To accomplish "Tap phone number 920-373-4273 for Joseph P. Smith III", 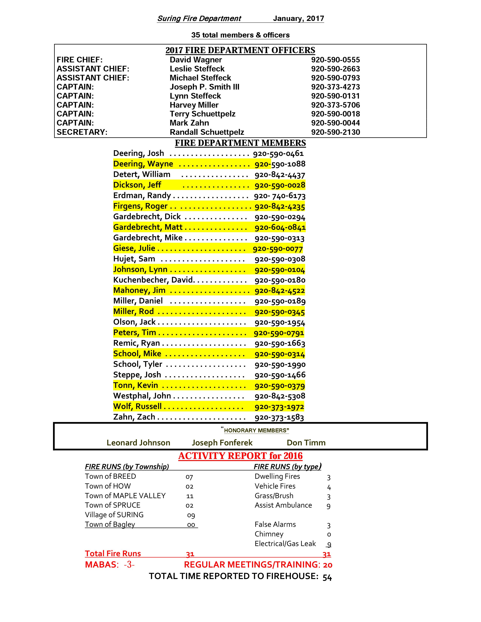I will [x=335, y=87].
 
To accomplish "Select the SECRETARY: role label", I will [x=82, y=132].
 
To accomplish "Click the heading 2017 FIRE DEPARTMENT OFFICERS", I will [x=240, y=50].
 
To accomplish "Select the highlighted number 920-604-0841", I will [x=280, y=228].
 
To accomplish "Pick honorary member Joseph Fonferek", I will [x=222, y=443].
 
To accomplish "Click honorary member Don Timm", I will [x=306, y=443].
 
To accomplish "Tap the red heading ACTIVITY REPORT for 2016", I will [x=240, y=456].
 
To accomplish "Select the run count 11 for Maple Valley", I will [x=190, y=496].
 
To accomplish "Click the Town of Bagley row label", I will [x=110, y=525].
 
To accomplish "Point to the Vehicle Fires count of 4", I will [x=329, y=487].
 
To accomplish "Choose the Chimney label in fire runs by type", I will [x=269, y=534].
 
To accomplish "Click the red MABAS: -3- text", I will [x=110, y=565].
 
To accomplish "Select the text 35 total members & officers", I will [x=240, y=35].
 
